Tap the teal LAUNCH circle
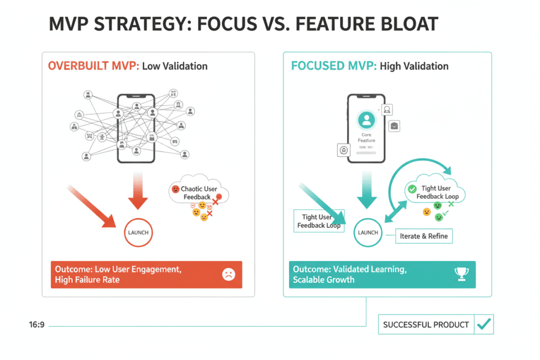coord(368,232)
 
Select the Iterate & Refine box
coord(424,236)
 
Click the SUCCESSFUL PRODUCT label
coord(426,325)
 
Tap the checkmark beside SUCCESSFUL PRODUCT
coord(484,325)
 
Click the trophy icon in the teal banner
coord(460,274)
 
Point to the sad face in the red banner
coord(228,274)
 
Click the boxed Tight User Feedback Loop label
coord(317,221)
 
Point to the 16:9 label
coord(36,325)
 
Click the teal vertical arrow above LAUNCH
coord(367,192)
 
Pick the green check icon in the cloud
coord(412,189)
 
